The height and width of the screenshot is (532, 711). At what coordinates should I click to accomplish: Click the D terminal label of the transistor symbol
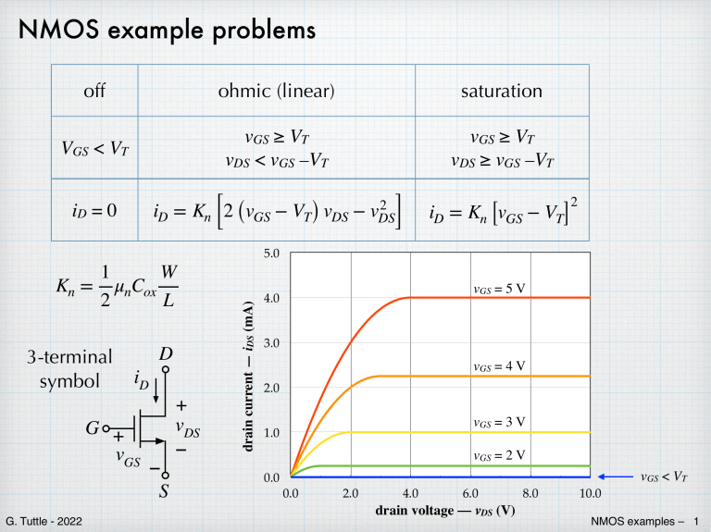(166, 355)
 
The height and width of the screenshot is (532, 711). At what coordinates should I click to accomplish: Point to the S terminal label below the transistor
(164, 491)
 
